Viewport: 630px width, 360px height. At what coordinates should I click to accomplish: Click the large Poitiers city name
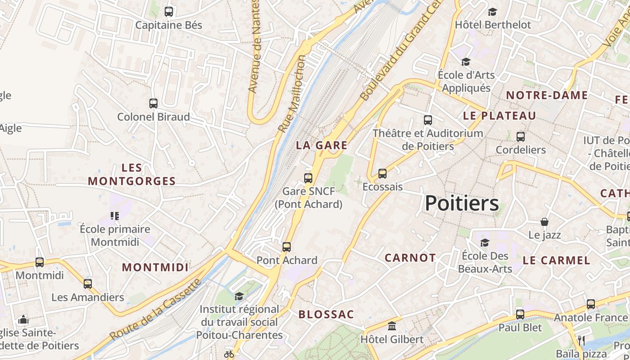(462, 204)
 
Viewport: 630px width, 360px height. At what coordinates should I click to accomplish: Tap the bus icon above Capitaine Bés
(169, 12)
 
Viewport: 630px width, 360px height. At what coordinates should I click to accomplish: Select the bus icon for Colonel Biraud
(153, 103)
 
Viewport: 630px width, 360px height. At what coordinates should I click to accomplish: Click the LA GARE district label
(322, 145)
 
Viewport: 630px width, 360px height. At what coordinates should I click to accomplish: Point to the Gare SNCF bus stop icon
(308, 178)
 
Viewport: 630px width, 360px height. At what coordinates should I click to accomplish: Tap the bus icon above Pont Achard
(287, 247)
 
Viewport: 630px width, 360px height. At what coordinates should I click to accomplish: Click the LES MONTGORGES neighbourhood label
(132, 175)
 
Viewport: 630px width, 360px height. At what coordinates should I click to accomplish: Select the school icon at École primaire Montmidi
(115, 216)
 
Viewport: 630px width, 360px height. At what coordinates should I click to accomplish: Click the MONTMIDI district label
(155, 267)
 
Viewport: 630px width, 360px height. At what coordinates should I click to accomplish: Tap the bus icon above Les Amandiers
(88, 284)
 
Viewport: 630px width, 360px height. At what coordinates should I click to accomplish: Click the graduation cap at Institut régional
(239, 296)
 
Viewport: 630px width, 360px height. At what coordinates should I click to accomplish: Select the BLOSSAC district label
(326, 315)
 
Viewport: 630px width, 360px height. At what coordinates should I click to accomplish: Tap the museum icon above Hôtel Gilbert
(391, 326)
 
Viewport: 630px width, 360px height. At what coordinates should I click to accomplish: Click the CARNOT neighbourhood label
(410, 258)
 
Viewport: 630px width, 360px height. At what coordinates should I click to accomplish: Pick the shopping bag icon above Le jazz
(544, 222)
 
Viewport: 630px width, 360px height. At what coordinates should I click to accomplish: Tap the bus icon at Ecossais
(382, 173)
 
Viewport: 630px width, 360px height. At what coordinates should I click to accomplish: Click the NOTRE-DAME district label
(547, 95)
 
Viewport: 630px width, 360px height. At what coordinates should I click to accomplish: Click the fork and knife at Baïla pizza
(581, 340)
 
